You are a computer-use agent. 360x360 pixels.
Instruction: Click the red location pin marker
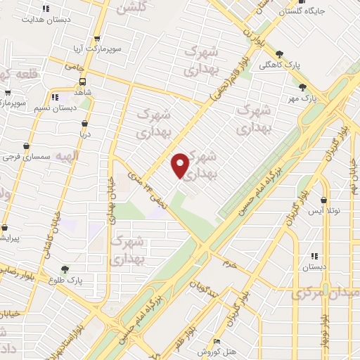(181, 165)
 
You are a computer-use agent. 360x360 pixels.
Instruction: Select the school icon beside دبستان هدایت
(46, 9)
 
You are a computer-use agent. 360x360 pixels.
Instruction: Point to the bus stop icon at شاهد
(82, 79)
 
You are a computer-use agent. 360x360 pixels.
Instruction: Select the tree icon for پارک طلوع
(65, 269)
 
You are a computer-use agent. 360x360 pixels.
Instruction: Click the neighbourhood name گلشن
(131, 8)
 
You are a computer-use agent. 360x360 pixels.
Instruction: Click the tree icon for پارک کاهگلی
(280, 53)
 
